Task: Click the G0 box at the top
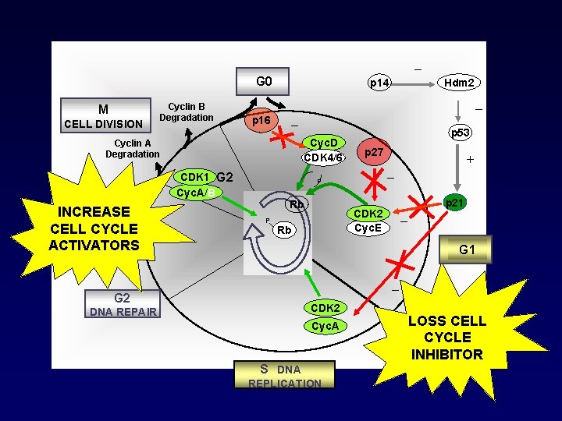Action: pos(264,81)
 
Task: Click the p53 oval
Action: pos(460,133)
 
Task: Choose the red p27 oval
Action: pos(373,153)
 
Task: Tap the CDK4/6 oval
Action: pos(323,158)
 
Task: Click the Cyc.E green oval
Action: pos(368,228)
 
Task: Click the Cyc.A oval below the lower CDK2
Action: pos(324,326)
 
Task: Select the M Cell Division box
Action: pos(104,115)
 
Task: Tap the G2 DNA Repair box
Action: pos(123,304)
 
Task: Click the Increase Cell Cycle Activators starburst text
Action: pos(94,228)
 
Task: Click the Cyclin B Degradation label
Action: pos(187,111)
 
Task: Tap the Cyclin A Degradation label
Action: pos(133,148)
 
